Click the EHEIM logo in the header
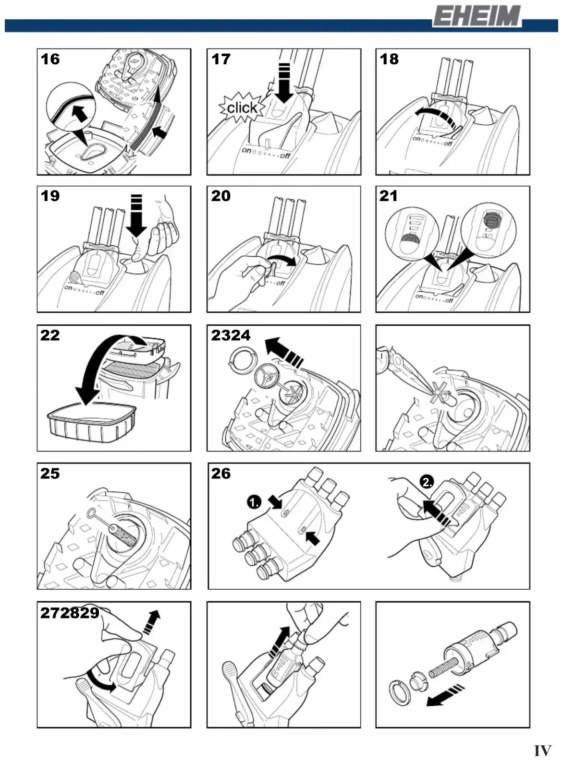[477, 16]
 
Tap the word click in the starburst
[242, 108]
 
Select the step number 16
[50, 59]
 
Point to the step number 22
[50, 335]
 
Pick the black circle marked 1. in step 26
[254, 502]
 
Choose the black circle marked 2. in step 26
[427, 482]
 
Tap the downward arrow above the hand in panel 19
[136, 215]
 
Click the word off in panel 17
[285, 156]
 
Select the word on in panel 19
[68, 287]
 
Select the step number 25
[50, 474]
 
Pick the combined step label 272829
[70, 613]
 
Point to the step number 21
[388, 196]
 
